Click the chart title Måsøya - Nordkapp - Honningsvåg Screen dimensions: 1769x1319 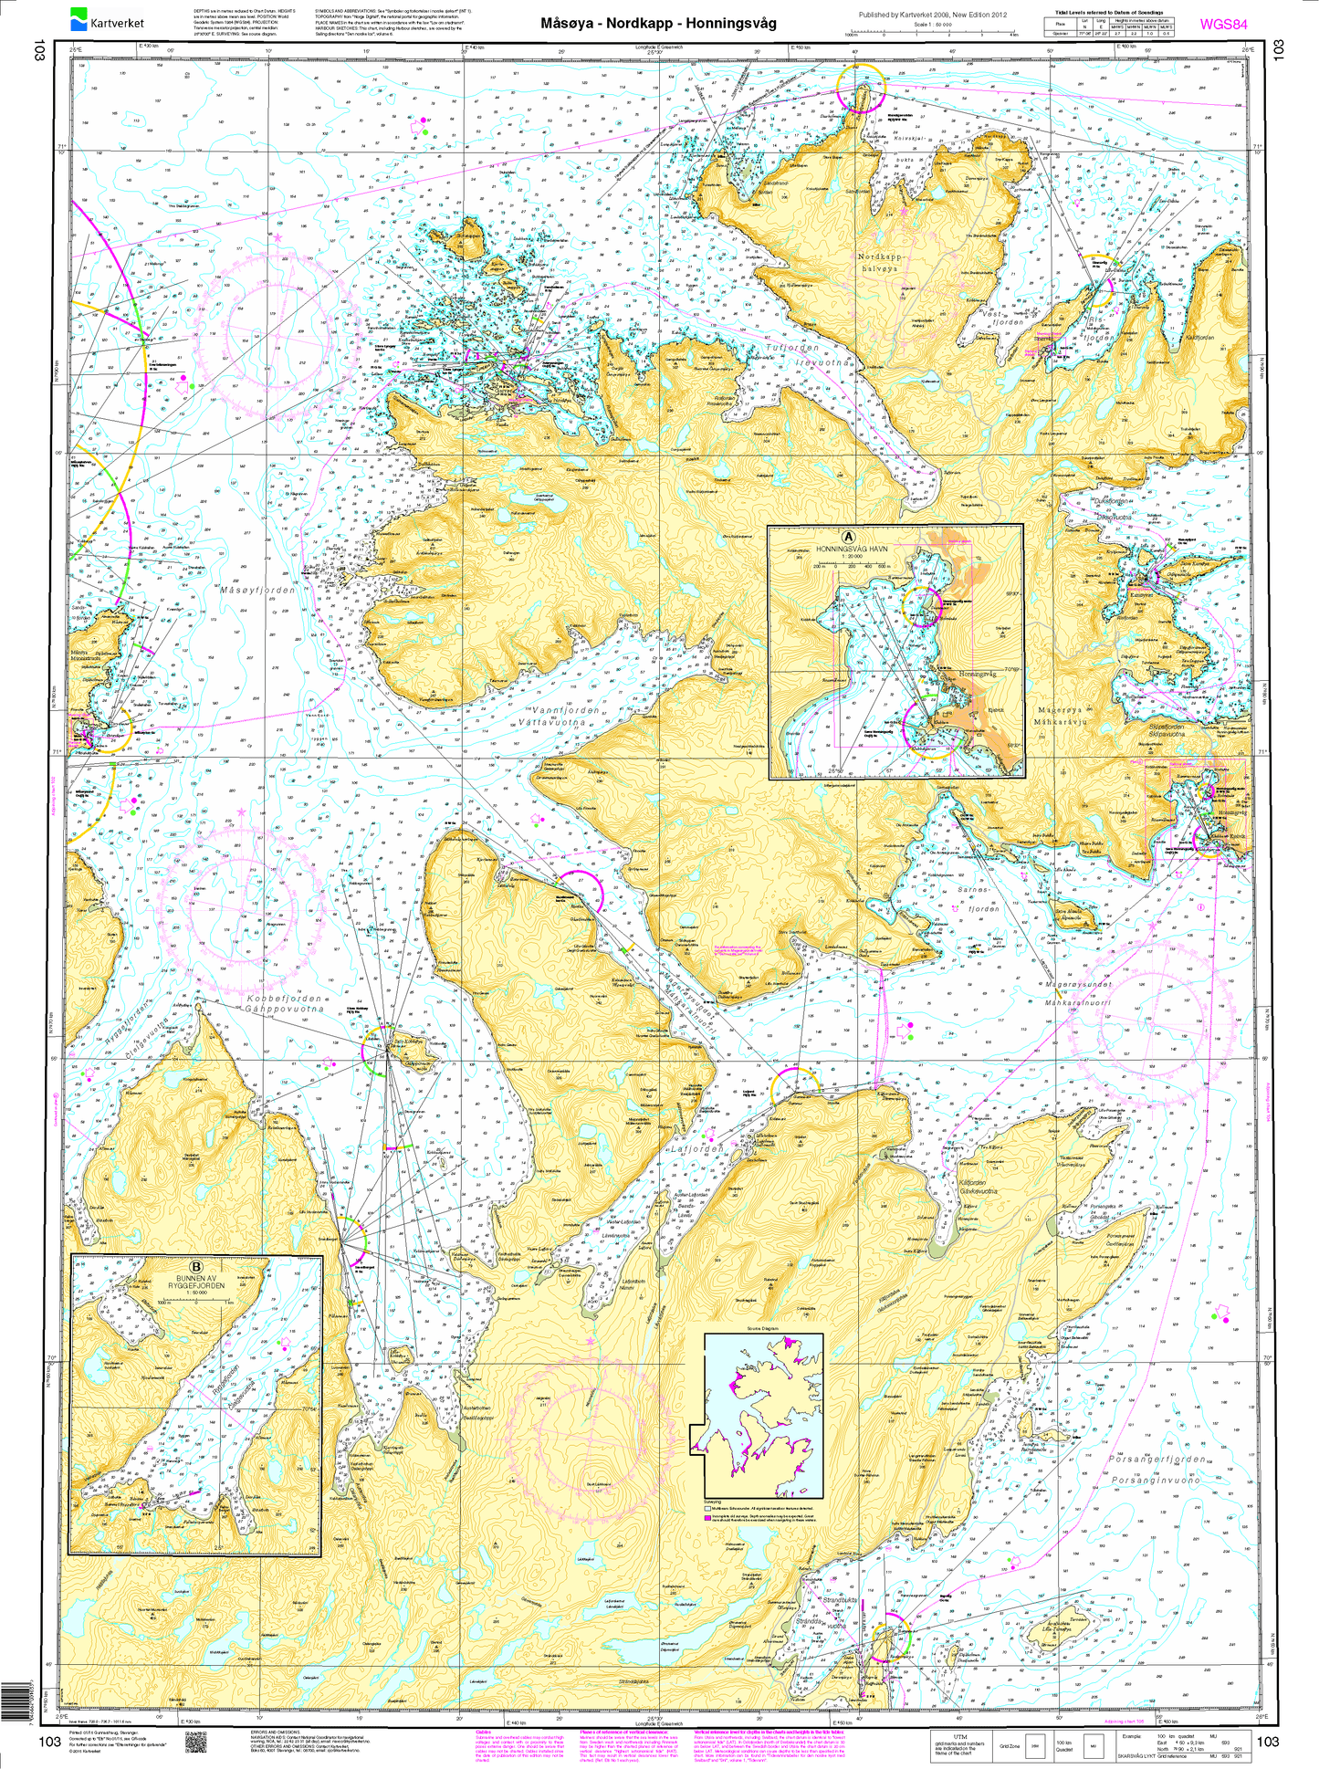658,24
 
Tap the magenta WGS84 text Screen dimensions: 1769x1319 1223,25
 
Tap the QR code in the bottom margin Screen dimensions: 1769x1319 196,1743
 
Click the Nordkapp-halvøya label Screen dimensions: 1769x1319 879,263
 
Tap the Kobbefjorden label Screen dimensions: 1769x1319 285,999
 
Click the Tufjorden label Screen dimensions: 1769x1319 791,348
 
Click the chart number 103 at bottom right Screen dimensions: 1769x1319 1267,1741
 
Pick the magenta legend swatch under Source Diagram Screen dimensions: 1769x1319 707,1509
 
